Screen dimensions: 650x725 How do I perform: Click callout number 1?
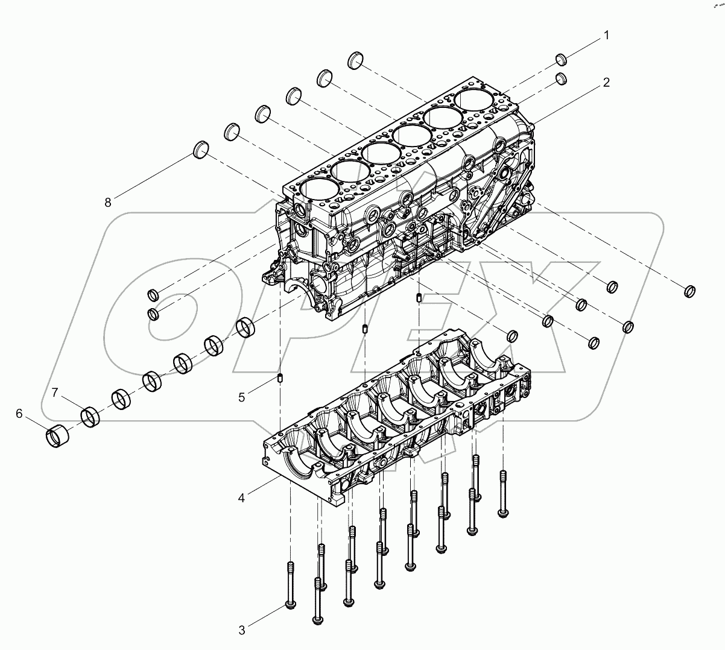tap(606, 36)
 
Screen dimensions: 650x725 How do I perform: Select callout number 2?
tap(606, 83)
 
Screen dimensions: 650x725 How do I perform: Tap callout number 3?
tap(242, 631)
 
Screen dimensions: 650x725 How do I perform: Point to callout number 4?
tap(242, 498)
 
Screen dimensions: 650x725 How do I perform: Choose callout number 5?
tap(242, 397)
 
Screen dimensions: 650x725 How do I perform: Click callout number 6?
tap(19, 413)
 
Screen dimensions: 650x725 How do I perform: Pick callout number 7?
tap(55, 393)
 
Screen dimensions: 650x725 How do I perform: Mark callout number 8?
tap(108, 203)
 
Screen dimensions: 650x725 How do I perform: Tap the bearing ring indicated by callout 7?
tap(90, 416)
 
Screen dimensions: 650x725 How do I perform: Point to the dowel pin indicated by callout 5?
tap(280, 379)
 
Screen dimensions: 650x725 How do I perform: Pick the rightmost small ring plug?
tap(691, 291)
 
